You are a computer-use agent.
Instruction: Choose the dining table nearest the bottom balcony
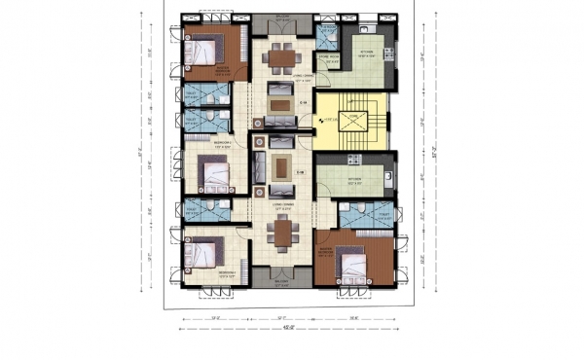280,231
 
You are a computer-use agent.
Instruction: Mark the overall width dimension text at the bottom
287,327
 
